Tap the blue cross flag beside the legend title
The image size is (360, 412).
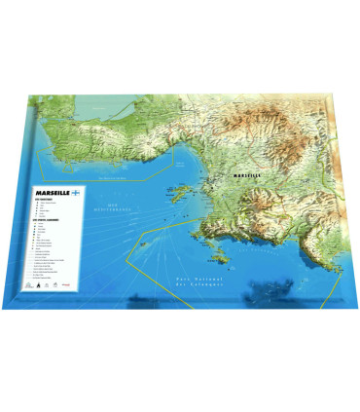[x=75, y=194]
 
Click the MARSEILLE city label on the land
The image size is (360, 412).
[x=249, y=175]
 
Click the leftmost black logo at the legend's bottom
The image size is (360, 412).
[x=35, y=285]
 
